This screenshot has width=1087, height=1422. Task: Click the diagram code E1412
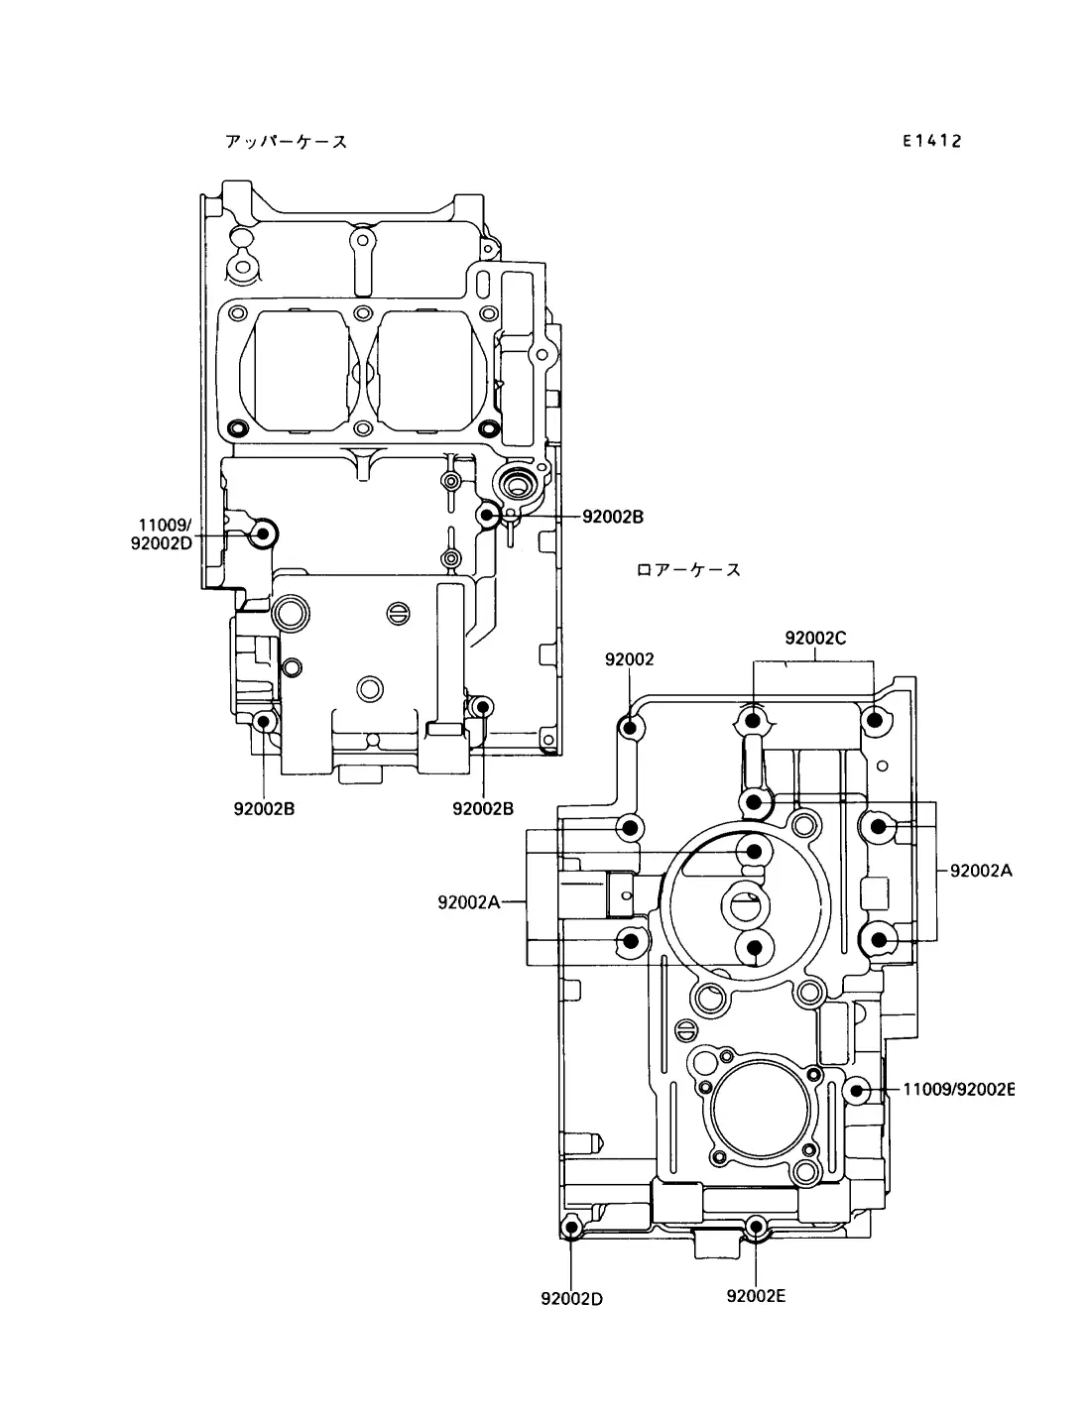[x=932, y=141]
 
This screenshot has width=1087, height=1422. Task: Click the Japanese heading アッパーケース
[x=287, y=141]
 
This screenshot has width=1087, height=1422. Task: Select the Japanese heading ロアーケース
[x=688, y=570]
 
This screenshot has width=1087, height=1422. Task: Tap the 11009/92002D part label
[x=162, y=533]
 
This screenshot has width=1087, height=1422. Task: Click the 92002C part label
[x=815, y=639]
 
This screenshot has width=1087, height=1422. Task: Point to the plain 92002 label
[x=629, y=659]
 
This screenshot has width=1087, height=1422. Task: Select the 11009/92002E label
[x=959, y=1090]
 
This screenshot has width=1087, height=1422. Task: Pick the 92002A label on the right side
[x=981, y=871]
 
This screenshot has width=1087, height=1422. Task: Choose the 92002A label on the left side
[x=468, y=902]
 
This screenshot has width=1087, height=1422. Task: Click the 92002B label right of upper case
[x=612, y=517]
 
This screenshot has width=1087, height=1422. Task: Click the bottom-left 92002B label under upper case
[x=264, y=808]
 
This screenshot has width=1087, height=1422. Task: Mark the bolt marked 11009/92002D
[x=263, y=534]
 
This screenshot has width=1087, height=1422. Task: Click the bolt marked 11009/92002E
[x=857, y=1091]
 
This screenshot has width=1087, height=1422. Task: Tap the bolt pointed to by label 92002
[x=630, y=728]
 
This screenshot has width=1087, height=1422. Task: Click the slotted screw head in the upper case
[x=399, y=613]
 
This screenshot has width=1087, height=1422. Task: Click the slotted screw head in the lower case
[x=688, y=1028]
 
